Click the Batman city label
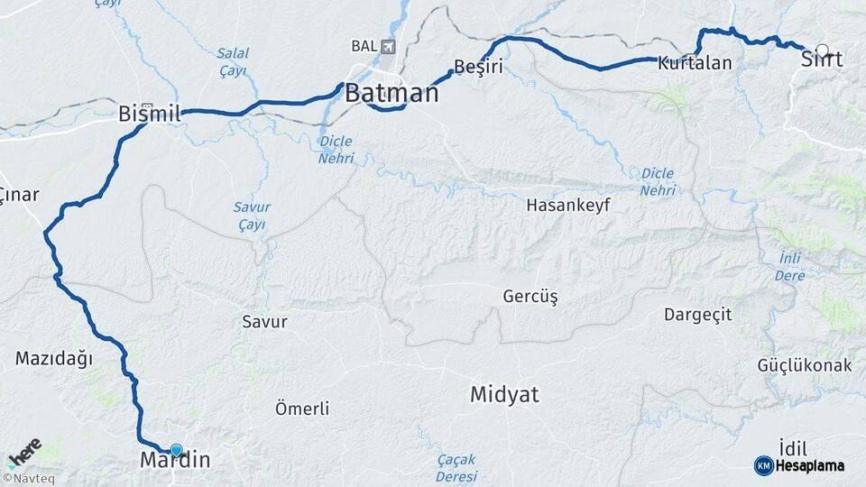click(x=392, y=93)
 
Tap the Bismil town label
click(x=150, y=114)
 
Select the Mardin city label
click(x=175, y=461)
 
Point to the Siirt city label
click(x=822, y=60)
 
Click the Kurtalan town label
click(x=695, y=63)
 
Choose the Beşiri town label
click(x=478, y=67)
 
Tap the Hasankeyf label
click(x=568, y=205)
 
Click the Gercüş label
click(x=530, y=296)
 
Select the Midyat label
click(x=504, y=394)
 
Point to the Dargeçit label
click(x=697, y=315)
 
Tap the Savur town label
click(x=264, y=321)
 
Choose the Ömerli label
click(x=302, y=409)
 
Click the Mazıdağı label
click(x=54, y=358)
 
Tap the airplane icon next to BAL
click(x=389, y=46)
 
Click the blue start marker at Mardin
click(x=176, y=449)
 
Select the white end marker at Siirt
click(x=822, y=51)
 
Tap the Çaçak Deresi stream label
click(x=456, y=466)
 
